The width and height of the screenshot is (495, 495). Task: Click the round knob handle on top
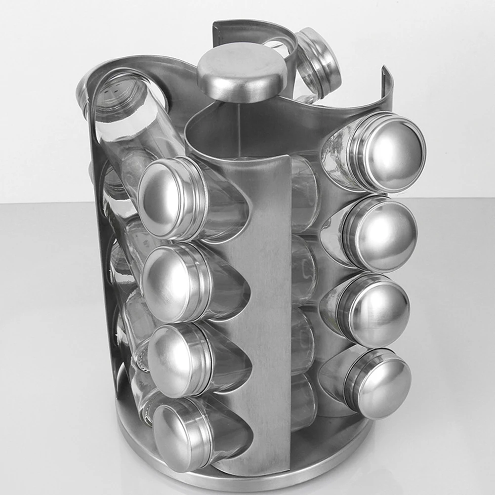pyautogui.click(x=242, y=72)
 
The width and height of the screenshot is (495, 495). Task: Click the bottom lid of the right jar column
pyautogui.click(x=378, y=383)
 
